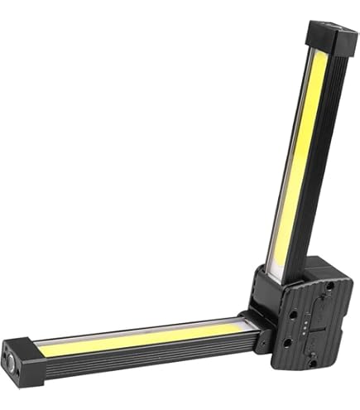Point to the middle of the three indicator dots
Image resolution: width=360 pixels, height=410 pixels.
(x=304, y=327)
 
